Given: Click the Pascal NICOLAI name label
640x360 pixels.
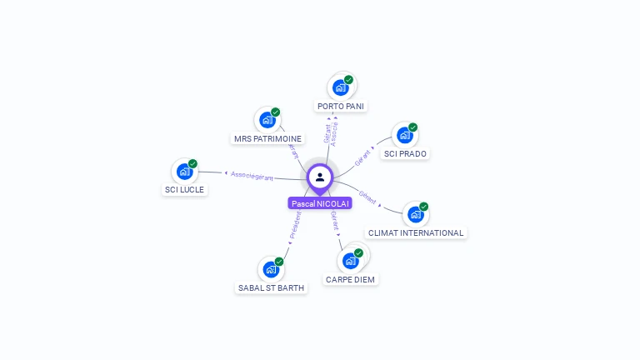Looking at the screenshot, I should tap(320, 203).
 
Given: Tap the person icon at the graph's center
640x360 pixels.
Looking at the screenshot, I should tap(320, 177).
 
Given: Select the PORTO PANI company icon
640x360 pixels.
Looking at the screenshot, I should tap(340, 87).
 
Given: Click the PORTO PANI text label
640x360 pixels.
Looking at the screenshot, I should tap(342, 107).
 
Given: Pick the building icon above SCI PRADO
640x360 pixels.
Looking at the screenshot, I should tap(404, 135).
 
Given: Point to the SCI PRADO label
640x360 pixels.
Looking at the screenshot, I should tap(406, 154).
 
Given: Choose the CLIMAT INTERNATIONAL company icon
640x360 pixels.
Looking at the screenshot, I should tap(415, 214).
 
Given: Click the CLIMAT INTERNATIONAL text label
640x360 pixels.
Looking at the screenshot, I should tap(416, 233).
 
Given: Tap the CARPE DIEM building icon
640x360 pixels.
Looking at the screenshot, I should tap(351, 260).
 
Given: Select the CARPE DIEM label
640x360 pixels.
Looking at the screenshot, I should tap(351, 280).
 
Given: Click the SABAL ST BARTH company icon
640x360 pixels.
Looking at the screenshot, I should tap(271, 269).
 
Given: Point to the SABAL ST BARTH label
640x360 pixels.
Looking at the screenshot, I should tap(272, 288).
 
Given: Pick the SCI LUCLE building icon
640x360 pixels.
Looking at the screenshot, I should tap(184, 171).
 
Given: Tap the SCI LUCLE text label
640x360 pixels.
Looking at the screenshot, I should tap(184, 190).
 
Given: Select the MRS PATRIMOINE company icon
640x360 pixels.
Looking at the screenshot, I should tap(267, 120).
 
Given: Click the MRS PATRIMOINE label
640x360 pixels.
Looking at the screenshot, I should tap(267, 139).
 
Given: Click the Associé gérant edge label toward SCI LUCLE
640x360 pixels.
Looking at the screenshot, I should tap(252, 176).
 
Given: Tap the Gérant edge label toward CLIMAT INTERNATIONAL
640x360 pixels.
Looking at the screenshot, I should tap(367, 197).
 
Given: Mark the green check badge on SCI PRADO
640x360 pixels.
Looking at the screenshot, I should tap(412, 127).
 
